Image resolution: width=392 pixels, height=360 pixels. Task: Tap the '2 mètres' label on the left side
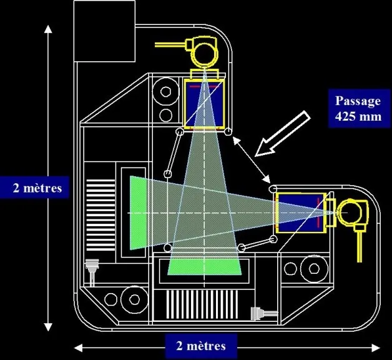click(37, 187)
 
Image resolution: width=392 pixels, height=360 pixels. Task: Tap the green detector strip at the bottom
click(204, 267)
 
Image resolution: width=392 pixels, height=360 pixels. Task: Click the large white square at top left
click(104, 31)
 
